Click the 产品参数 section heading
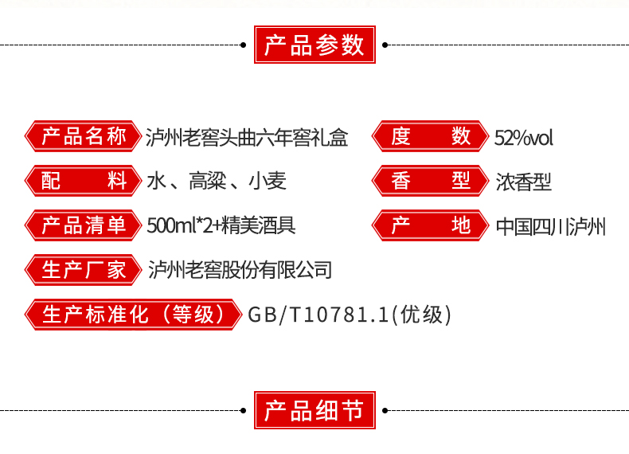(314, 45)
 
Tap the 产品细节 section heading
(314, 411)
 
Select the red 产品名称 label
(84, 137)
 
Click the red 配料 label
(84, 181)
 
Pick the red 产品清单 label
(84, 225)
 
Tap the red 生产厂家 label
(84, 270)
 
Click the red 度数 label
(431, 137)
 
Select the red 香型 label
(431, 181)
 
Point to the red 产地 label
(431, 225)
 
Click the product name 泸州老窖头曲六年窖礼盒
(248, 137)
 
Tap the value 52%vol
(523, 138)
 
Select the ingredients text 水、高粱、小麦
(217, 182)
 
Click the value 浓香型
(523, 182)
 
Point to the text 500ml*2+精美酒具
(221, 225)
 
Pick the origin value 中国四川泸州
(550, 226)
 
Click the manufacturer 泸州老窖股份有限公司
(240, 270)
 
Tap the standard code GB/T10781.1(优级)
(350, 315)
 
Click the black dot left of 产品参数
(244, 45)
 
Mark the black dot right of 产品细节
(385, 411)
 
